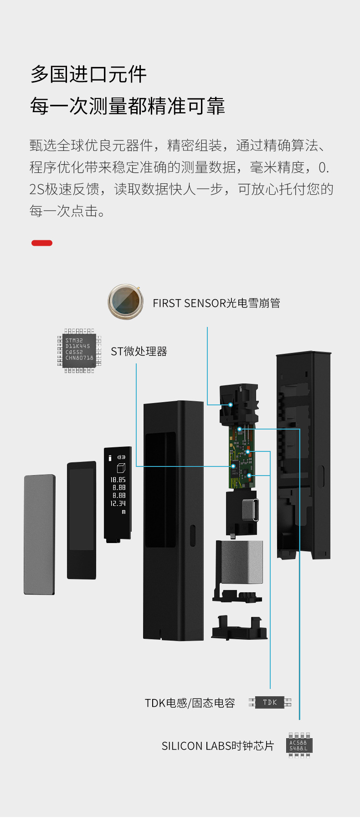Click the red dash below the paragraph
coord(42,243)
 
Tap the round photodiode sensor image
coord(125,301)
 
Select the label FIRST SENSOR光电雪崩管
coord(216,303)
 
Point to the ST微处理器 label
coord(139,352)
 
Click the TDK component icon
coord(270,702)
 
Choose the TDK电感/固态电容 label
coord(190,703)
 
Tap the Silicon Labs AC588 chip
coord(299,746)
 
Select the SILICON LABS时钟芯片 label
coord(218,746)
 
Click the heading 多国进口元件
coord(88,74)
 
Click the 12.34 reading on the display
coord(118,503)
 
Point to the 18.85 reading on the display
coord(118,480)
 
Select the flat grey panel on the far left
coord(40,534)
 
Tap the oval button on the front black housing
coord(192,535)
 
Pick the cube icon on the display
coord(121,468)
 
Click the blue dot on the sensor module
coord(231,404)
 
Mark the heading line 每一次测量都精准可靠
coord(128,106)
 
